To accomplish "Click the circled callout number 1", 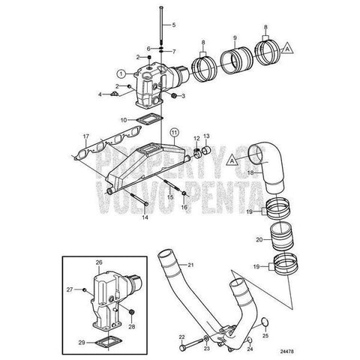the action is [x=121, y=73].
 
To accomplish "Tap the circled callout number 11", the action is [x=174, y=132].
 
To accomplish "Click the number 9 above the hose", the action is [x=235, y=38].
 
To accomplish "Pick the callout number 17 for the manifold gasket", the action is [x=86, y=136].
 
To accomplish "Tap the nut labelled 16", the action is [x=184, y=193].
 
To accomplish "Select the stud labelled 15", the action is [x=171, y=185].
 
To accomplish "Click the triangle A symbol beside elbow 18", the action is [x=232, y=161].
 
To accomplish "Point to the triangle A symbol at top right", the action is [x=287, y=49].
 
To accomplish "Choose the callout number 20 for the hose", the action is [x=259, y=240].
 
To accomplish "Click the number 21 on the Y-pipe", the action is [x=190, y=265].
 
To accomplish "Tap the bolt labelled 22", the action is [x=193, y=343].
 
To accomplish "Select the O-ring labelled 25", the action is [x=265, y=322].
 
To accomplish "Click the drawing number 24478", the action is [x=286, y=351].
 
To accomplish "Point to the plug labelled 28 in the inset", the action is [x=132, y=312].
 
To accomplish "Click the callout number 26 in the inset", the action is [x=99, y=262].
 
